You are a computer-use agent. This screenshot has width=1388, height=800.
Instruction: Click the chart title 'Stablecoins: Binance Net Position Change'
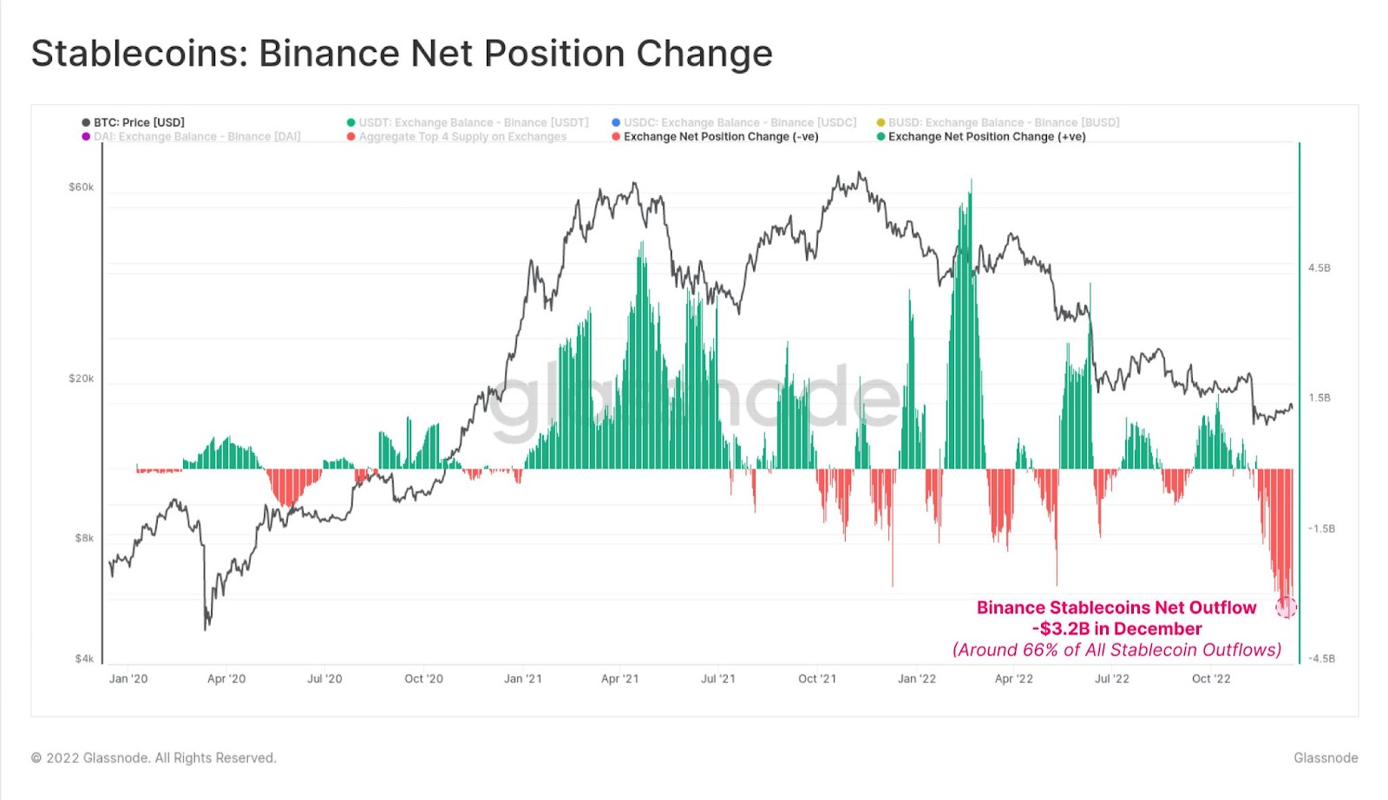(x=402, y=53)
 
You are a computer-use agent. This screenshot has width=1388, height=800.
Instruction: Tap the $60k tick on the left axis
(x=81, y=187)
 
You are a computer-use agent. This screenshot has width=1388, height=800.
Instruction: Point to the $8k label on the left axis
(x=84, y=538)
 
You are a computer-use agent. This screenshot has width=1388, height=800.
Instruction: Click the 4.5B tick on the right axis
(x=1319, y=268)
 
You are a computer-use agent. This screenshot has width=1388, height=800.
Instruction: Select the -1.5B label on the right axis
(x=1321, y=528)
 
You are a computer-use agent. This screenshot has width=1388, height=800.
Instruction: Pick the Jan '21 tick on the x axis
(x=523, y=679)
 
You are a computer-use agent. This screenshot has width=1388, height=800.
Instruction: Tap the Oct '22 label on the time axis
(x=1211, y=679)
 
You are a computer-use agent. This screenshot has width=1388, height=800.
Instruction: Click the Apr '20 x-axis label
(x=226, y=679)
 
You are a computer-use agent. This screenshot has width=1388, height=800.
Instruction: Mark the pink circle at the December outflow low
(x=1286, y=607)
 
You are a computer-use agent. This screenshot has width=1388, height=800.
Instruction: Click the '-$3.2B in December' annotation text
(x=1116, y=629)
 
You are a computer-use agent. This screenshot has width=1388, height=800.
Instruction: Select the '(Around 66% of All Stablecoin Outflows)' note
(x=1116, y=650)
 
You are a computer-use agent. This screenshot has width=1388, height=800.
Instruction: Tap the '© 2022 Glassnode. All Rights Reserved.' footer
(x=154, y=757)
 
